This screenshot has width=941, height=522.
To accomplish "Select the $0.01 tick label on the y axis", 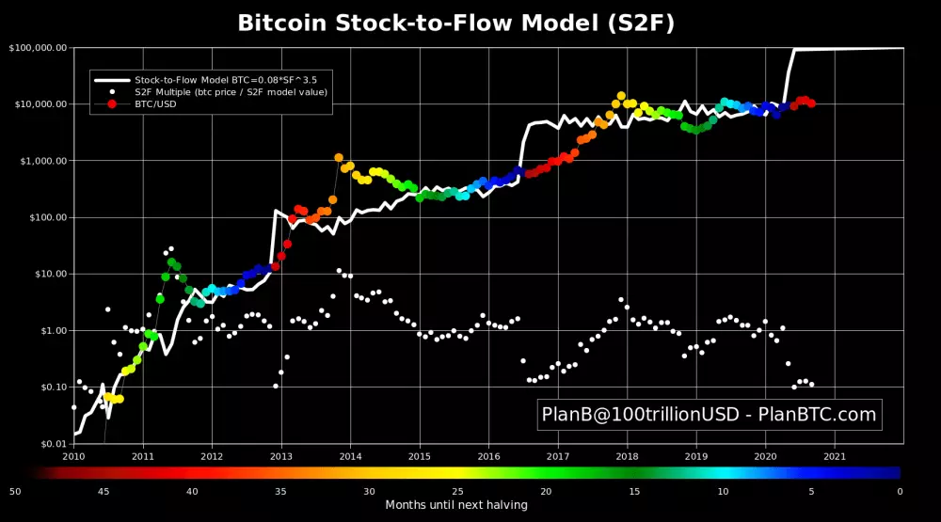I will point(47,443).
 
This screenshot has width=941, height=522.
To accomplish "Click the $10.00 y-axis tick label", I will point(44,274).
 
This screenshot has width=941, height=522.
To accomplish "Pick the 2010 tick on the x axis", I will point(73,456).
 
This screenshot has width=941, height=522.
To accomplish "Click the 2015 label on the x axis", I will point(419,456).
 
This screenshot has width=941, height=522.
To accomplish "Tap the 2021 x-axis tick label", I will point(834,456).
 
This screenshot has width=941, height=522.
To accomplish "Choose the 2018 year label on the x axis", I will point(627,456).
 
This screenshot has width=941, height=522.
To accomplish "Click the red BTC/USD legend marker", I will point(112,104).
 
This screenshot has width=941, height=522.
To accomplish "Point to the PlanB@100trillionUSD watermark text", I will point(709,414).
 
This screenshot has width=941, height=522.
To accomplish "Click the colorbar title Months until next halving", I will point(456,505).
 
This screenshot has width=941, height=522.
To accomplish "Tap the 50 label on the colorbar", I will point(15,491).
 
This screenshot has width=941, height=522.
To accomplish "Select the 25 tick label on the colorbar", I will point(457,491).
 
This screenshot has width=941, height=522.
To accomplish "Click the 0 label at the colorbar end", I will point(900,491).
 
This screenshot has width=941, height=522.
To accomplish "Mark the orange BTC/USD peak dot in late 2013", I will point(339,158).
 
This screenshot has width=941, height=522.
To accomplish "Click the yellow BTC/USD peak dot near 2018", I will point(620,96).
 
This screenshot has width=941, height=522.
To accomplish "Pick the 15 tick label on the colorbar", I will point(634,491).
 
